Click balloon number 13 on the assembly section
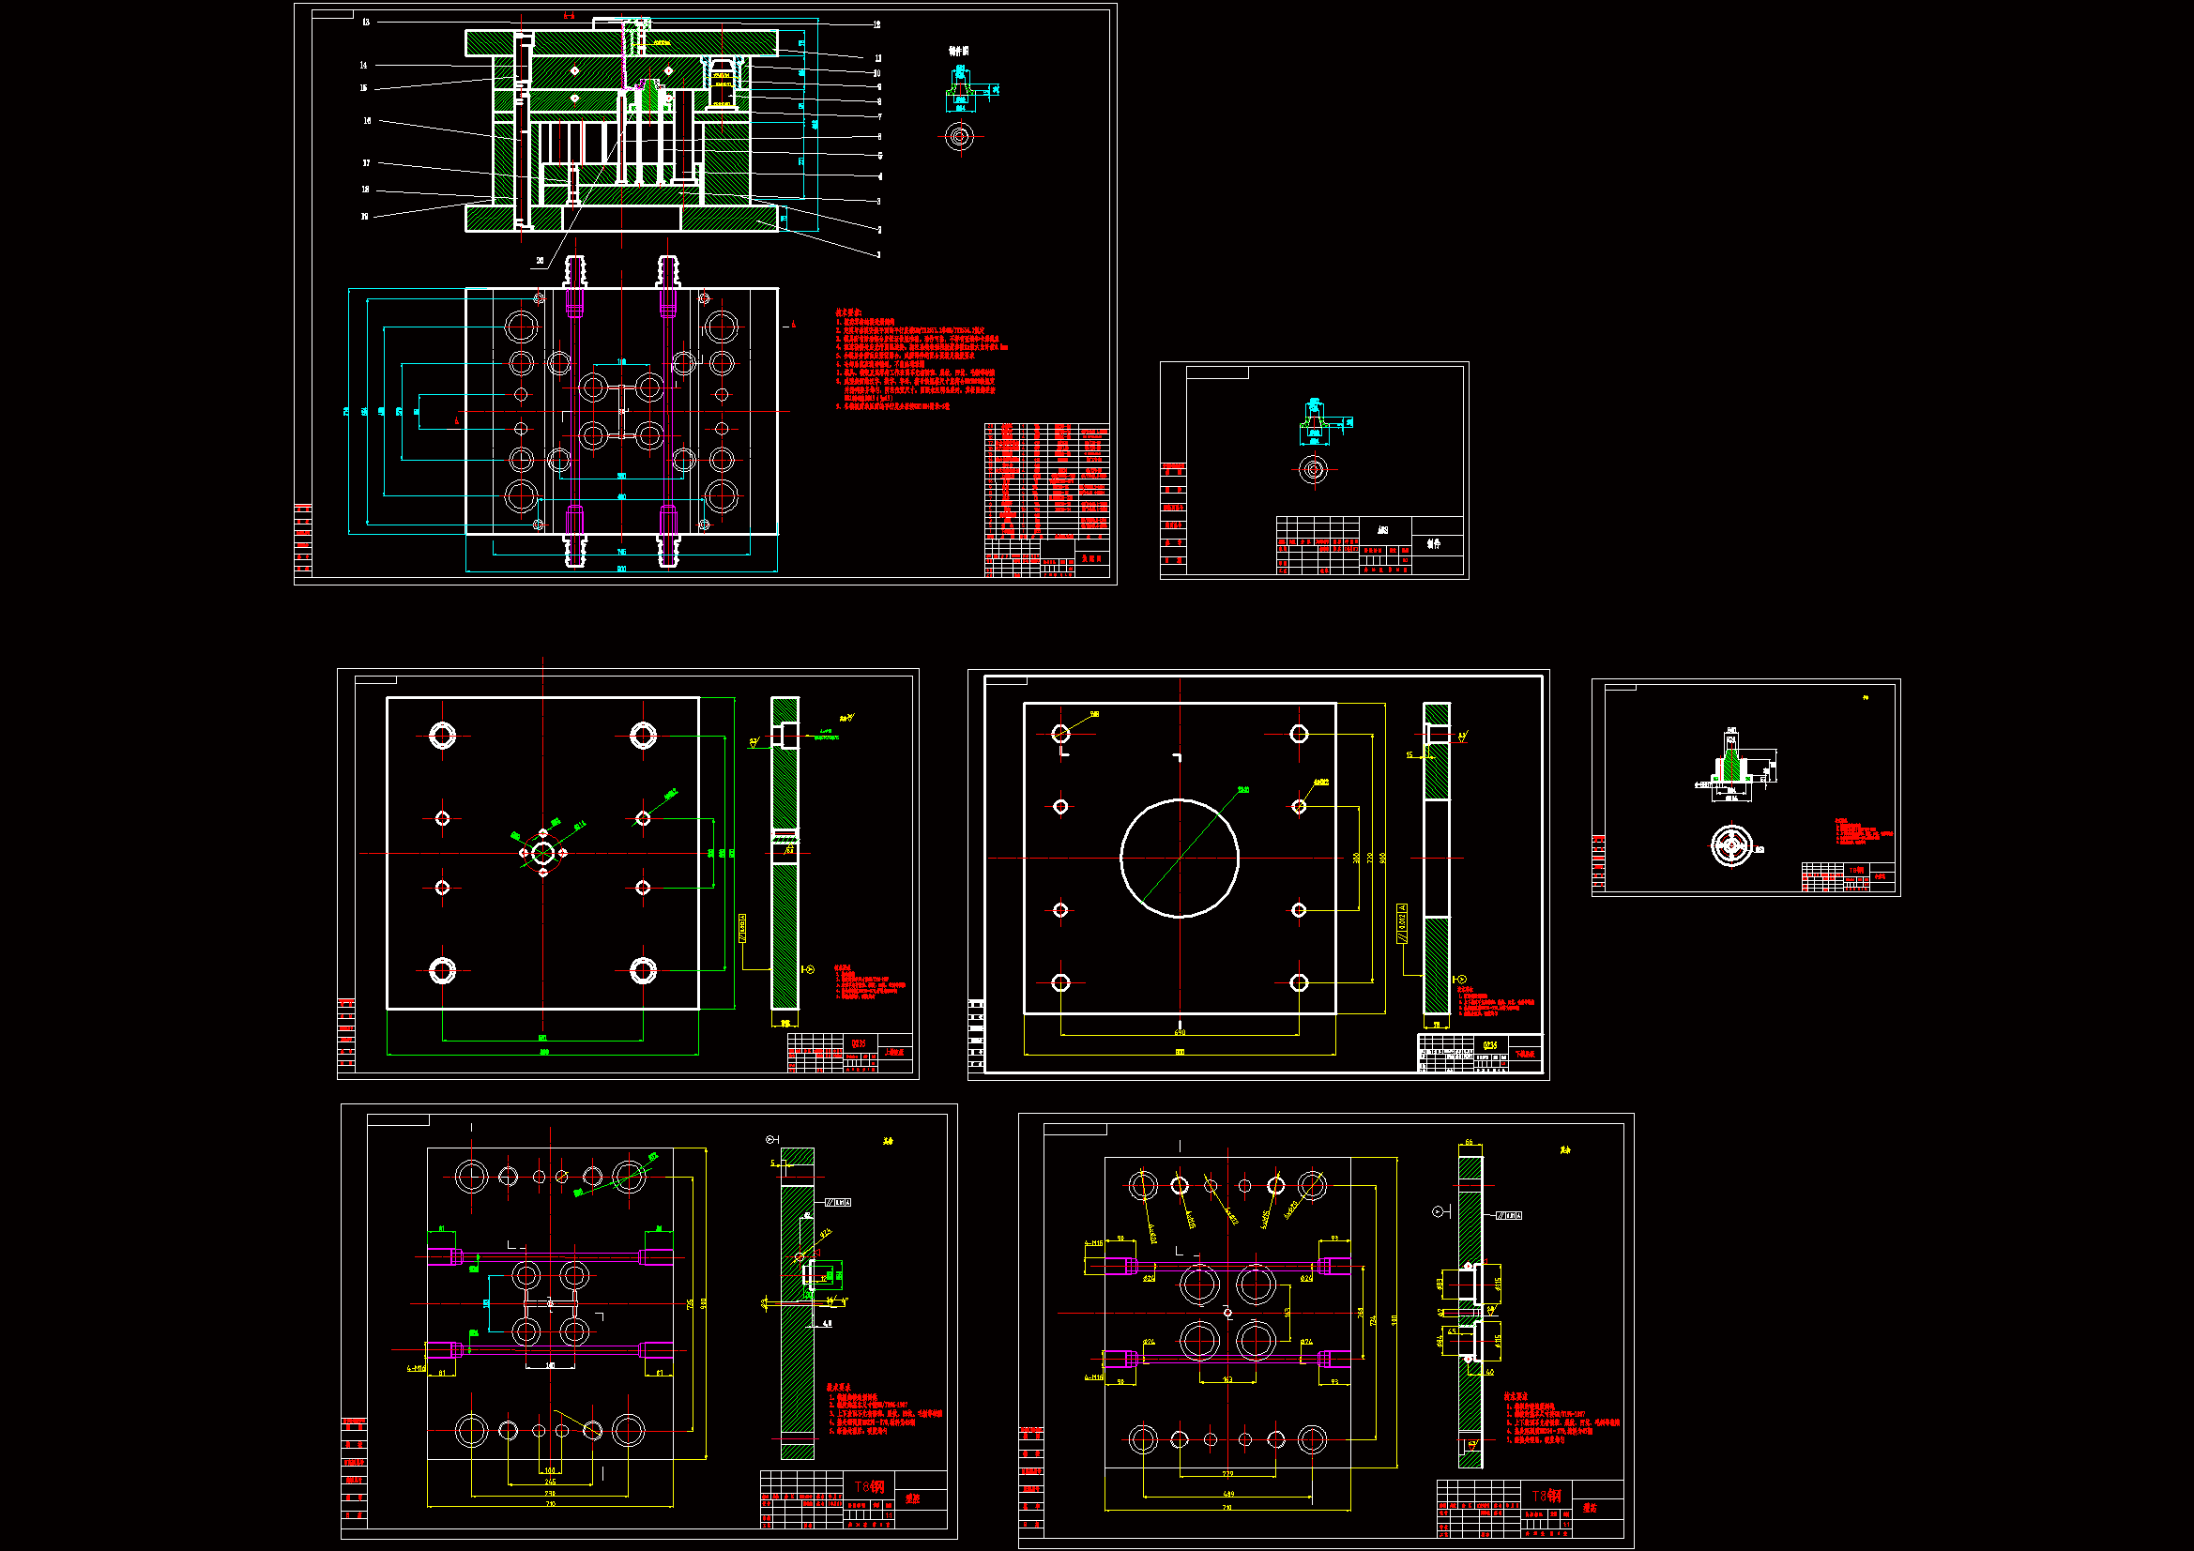366,22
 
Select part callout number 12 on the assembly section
876,24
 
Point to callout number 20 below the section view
540,261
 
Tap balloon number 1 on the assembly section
878,255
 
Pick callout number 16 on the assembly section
367,121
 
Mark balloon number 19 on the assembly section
364,217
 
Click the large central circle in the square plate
1180,859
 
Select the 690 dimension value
1180,1032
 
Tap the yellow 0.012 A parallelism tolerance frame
1402,923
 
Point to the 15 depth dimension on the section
1409,755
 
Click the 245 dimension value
551,1482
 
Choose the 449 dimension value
1228,1494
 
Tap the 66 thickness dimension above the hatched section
1469,1143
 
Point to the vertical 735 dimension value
691,1303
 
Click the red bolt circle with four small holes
542,852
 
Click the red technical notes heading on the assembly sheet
848,312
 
